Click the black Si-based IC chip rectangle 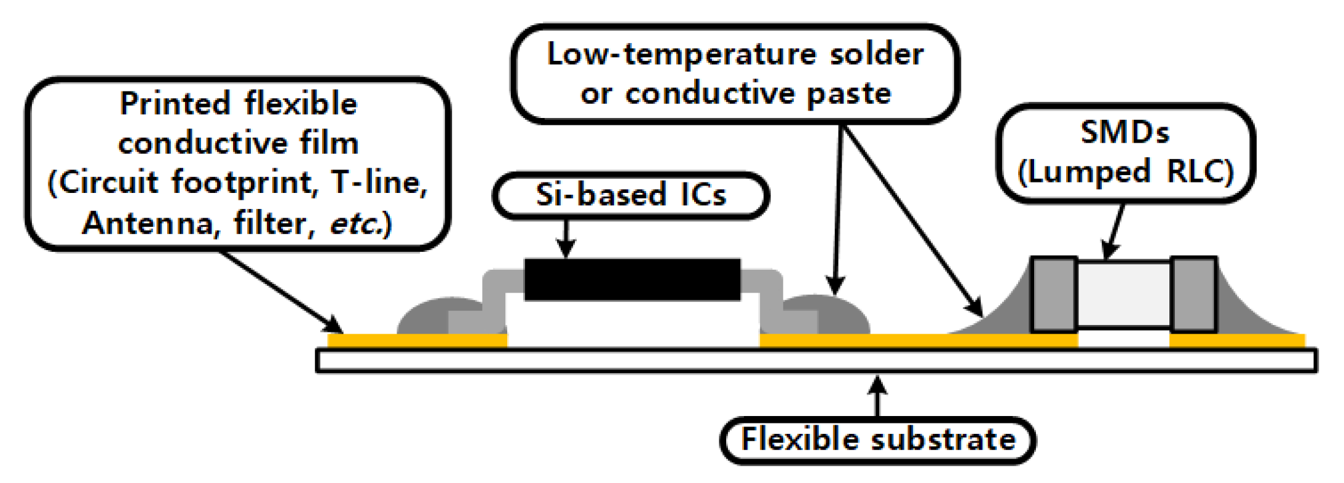tap(632, 280)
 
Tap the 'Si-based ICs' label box tap(631, 195)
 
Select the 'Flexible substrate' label tap(878, 440)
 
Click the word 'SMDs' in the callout tap(1125, 133)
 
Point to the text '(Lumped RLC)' tap(1125, 172)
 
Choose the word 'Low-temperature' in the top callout tap(682, 54)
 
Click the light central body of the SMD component tap(1124, 294)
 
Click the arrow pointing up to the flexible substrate tap(878, 396)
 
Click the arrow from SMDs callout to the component tap(1114, 232)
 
